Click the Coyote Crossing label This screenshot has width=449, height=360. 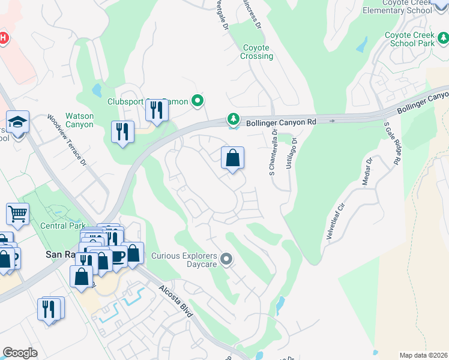click(258, 52)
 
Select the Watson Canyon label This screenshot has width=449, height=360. click(79, 120)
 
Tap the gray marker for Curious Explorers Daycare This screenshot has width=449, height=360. click(226, 259)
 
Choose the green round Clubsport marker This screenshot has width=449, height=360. click(197, 101)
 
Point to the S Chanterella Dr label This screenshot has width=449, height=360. click(273, 153)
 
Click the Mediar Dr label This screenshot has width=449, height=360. click(367, 172)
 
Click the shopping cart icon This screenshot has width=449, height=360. click(17, 213)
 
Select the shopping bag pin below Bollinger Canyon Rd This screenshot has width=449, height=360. click(233, 158)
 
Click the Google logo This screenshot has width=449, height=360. click(20, 353)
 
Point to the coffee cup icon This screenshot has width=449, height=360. click(118, 255)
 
